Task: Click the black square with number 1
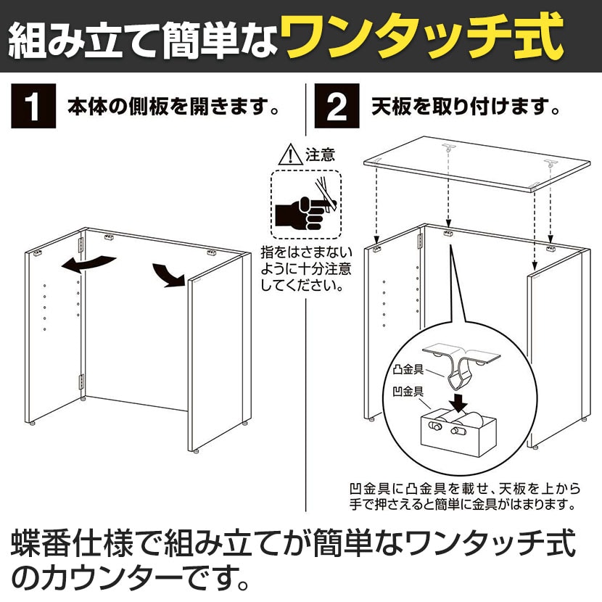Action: pyautogui.click(x=33, y=107)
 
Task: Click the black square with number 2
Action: pyautogui.click(x=337, y=106)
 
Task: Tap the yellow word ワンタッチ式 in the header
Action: pyautogui.click(x=421, y=37)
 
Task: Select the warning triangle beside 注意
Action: pyautogui.click(x=291, y=154)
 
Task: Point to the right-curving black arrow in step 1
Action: pyautogui.click(x=168, y=276)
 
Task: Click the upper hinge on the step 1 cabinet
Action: pyautogui.click(x=81, y=244)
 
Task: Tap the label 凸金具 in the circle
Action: pyautogui.click(x=408, y=370)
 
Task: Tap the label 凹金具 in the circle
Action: pyautogui.click(x=408, y=391)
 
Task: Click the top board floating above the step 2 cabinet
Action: pyautogui.click(x=477, y=164)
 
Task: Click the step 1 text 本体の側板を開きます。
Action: pyautogui.click(x=173, y=107)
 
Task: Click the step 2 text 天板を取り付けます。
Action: pyautogui.click(x=466, y=107)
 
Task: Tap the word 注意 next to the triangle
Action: pyautogui.click(x=320, y=154)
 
